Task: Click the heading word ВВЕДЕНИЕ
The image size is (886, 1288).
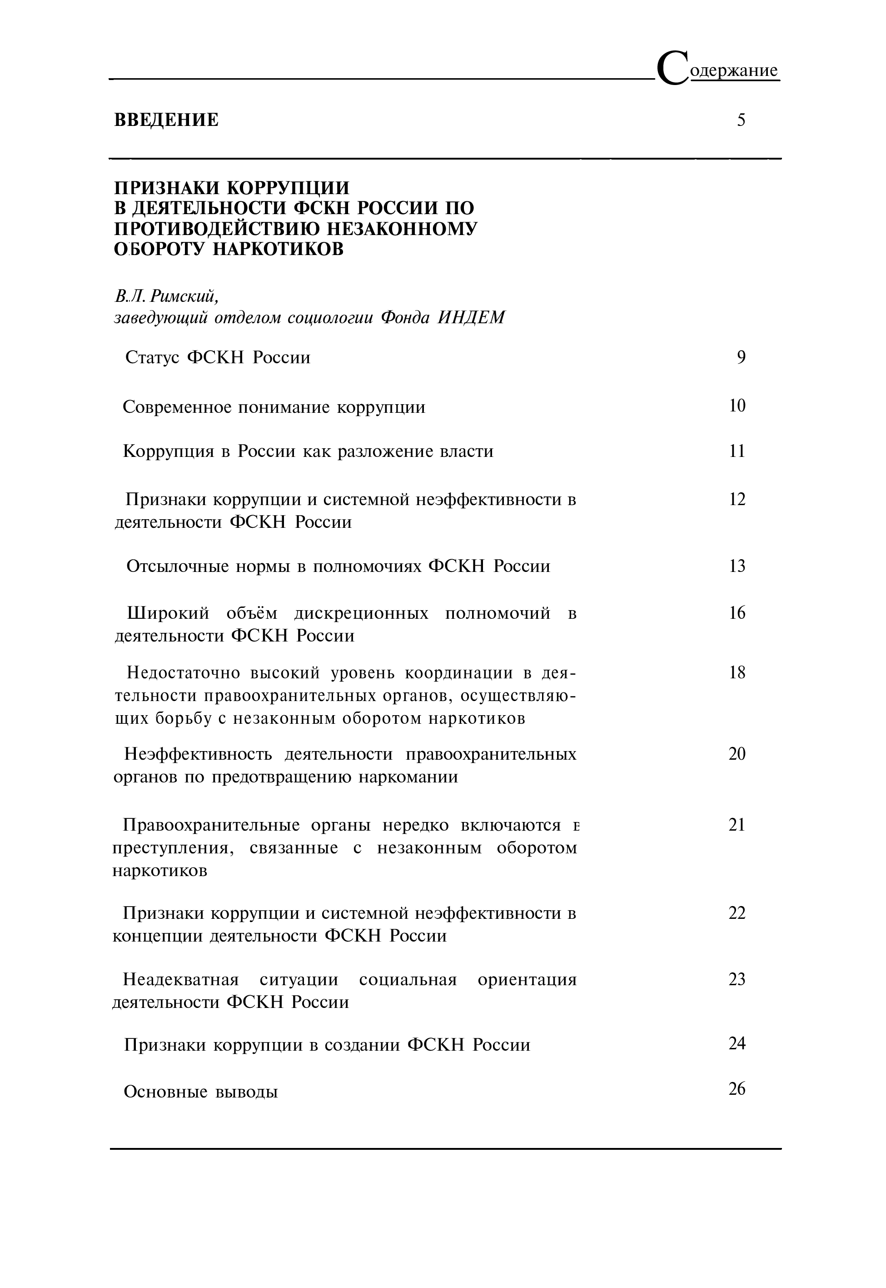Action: (167, 120)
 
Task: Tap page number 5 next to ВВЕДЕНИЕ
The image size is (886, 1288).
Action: (741, 120)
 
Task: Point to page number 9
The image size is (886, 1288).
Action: (741, 357)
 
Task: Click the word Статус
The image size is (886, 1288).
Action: (152, 358)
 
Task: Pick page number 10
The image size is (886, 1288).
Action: (737, 406)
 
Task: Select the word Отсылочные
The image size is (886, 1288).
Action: (178, 566)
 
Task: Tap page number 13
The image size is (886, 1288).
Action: (737, 566)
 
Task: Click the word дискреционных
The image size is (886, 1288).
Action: (361, 614)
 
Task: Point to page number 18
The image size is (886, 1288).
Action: (737, 672)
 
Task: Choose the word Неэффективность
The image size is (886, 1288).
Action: (198, 754)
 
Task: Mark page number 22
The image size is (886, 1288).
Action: (737, 913)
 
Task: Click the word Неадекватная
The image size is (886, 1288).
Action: (181, 979)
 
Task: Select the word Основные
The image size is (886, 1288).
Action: (164, 1092)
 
